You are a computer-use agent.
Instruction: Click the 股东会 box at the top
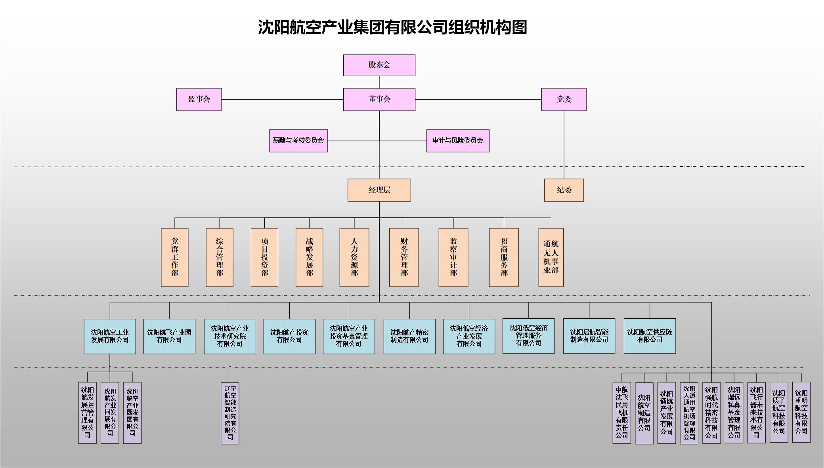379,65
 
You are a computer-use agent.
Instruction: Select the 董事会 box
379,99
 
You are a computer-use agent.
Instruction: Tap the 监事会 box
199,99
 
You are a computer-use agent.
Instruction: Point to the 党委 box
564,99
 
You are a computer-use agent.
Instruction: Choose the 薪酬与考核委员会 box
298,141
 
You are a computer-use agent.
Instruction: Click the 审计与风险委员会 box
457,141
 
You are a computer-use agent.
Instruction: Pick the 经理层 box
379,190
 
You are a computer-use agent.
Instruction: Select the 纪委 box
564,190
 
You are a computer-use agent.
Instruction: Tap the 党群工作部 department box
174,257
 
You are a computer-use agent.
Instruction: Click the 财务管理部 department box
404,257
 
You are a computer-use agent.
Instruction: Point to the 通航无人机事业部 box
551,257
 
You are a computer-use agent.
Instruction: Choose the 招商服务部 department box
504,257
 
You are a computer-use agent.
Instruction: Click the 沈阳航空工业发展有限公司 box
110,336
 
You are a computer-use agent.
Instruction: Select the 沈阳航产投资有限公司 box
289,336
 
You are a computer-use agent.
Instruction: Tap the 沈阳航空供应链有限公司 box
650,336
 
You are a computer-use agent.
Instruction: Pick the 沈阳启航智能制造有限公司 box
589,336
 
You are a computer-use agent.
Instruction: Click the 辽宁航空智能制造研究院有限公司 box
230,413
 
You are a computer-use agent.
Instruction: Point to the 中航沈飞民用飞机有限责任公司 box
621,413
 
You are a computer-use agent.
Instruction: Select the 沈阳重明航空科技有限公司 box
801,412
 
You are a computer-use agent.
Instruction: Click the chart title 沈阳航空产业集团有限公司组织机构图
392,27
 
